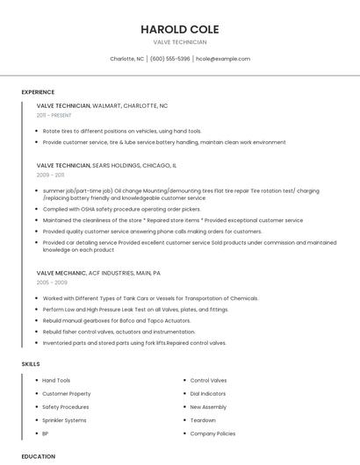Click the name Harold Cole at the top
[x=179, y=29]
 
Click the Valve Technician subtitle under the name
[x=179, y=42]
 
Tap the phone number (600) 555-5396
[x=169, y=59]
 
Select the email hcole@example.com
[x=223, y=59]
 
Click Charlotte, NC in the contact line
[x=126, y=59]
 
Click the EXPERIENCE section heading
[x=38, y=92]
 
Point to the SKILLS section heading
[x=31, y=363]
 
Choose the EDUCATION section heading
[x=39, y=456]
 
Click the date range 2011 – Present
[x=54, y=115]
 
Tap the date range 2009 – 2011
[x=50, y=175]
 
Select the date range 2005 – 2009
[x=52, y=283]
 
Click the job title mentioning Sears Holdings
[x=106, y=165]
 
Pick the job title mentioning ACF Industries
[x=98, y=273]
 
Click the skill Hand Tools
[x=56, y=381]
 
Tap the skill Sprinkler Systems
[x=64, y=420]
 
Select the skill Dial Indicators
[x=207, y=394]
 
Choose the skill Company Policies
[x=212, y=433]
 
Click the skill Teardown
[x=204, y=420]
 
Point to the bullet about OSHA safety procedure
[x=121, y=210]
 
